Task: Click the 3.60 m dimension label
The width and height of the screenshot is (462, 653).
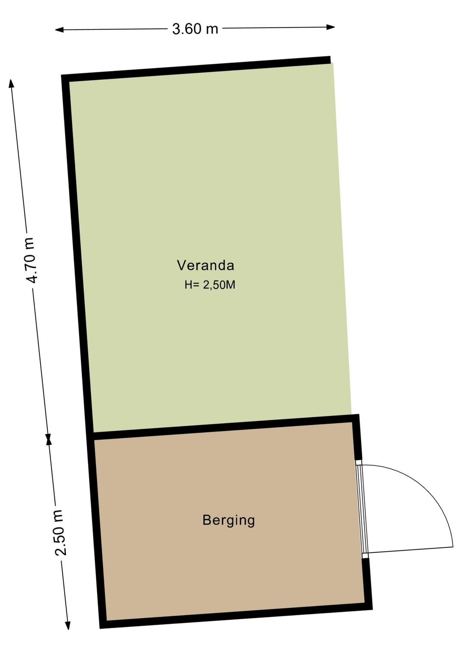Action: pos(195,29)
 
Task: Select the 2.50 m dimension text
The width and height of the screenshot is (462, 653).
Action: pos(59,533)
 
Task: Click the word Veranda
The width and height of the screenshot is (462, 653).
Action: pos(205,265)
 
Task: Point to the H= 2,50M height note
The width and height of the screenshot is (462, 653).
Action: pos(210,285)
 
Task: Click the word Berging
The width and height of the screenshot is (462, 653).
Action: pos(228,520)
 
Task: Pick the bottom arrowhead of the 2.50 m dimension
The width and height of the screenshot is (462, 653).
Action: pos(67,625)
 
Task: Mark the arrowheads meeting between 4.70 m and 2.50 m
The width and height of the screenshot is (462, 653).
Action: pos(49,439)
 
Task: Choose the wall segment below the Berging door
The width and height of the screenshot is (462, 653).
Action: pos(367,582)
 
